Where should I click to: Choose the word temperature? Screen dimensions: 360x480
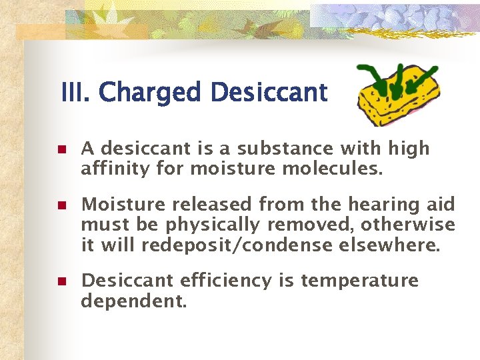pos(359,281)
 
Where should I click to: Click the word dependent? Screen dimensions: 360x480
pos(133,302)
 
